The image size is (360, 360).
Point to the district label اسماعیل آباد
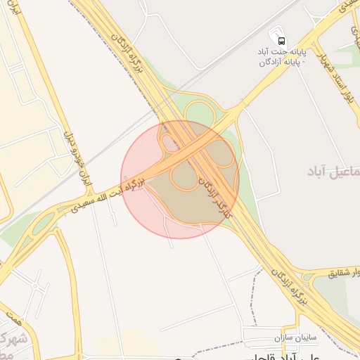[336, 171]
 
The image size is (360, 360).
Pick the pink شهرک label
[13, 342]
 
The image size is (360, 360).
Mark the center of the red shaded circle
[180, 179]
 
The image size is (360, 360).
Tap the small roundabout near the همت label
[34, 286]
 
